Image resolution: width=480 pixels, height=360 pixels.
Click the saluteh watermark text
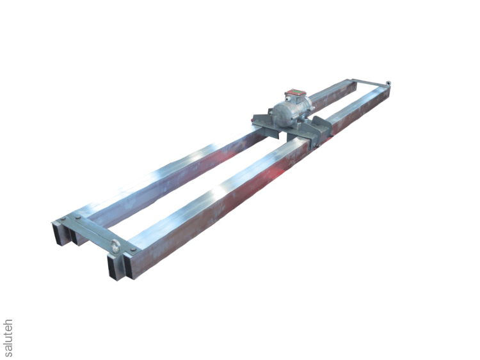coord(8,338)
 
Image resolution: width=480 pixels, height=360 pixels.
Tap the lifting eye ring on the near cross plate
coord(116,246)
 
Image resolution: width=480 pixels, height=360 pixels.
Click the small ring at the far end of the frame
coord(388,82)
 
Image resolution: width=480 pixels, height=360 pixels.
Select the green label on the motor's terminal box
coord(296,91)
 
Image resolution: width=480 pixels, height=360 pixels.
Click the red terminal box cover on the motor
coord(296,92)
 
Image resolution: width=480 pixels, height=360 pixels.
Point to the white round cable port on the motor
coord(288,98)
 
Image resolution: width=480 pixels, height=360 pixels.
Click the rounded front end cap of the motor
coord(281,114)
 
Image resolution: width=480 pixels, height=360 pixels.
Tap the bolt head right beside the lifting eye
coord(133,249)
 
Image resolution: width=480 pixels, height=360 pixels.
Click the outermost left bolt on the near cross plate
coord(63,219)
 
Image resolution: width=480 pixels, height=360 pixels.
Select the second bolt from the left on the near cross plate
coord(77,217)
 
